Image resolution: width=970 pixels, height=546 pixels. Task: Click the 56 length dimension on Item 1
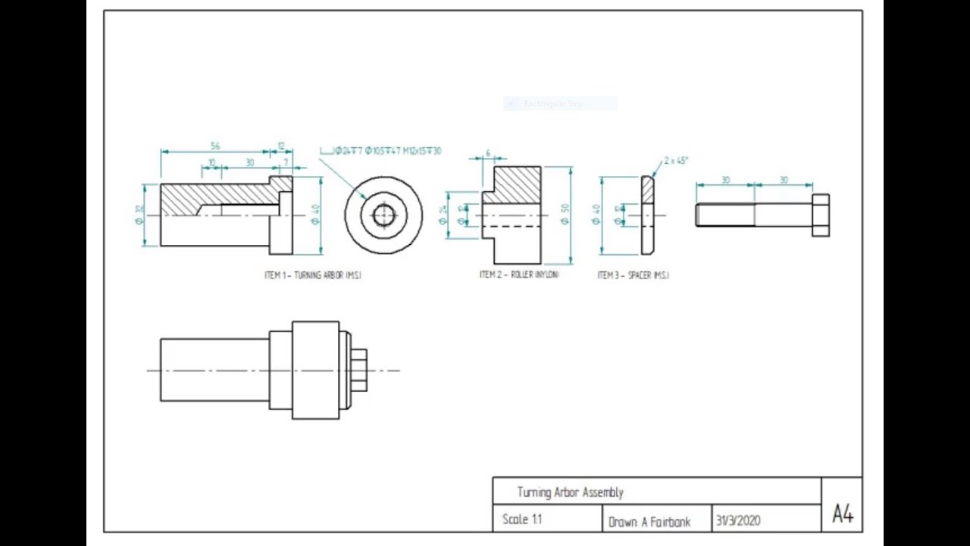pos(215,146)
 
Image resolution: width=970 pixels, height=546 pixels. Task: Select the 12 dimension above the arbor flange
pos(281,146)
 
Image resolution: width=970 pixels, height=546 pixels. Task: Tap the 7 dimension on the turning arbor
pos(286,162)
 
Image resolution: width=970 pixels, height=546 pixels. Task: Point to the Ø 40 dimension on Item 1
pos(315,215)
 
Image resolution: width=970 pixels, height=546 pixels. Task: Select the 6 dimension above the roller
pos(487,153)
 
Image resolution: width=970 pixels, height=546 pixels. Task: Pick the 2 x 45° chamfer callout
pos(675,161)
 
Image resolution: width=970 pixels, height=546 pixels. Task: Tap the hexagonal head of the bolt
pos(821,215)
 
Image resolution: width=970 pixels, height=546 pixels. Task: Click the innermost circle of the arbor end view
pos(383,216)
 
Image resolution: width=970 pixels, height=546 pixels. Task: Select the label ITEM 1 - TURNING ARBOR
pos(312,275)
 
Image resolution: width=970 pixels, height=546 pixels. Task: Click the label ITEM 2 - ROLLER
pos(519,275)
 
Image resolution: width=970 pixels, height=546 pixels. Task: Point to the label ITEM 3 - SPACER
pos(633,275)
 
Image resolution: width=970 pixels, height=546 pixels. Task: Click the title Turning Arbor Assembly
pos(570,492)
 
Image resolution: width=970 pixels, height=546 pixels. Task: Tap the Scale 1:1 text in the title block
pos(522,519)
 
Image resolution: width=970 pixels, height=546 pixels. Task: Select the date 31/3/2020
pos(737,521)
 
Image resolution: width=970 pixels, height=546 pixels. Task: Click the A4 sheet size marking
pos(842,514)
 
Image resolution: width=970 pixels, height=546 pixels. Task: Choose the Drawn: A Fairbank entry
pos(649,522)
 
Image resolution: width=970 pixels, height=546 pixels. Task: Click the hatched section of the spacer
pos(648,190)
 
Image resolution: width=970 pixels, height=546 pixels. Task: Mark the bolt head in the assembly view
pos(359,370)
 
